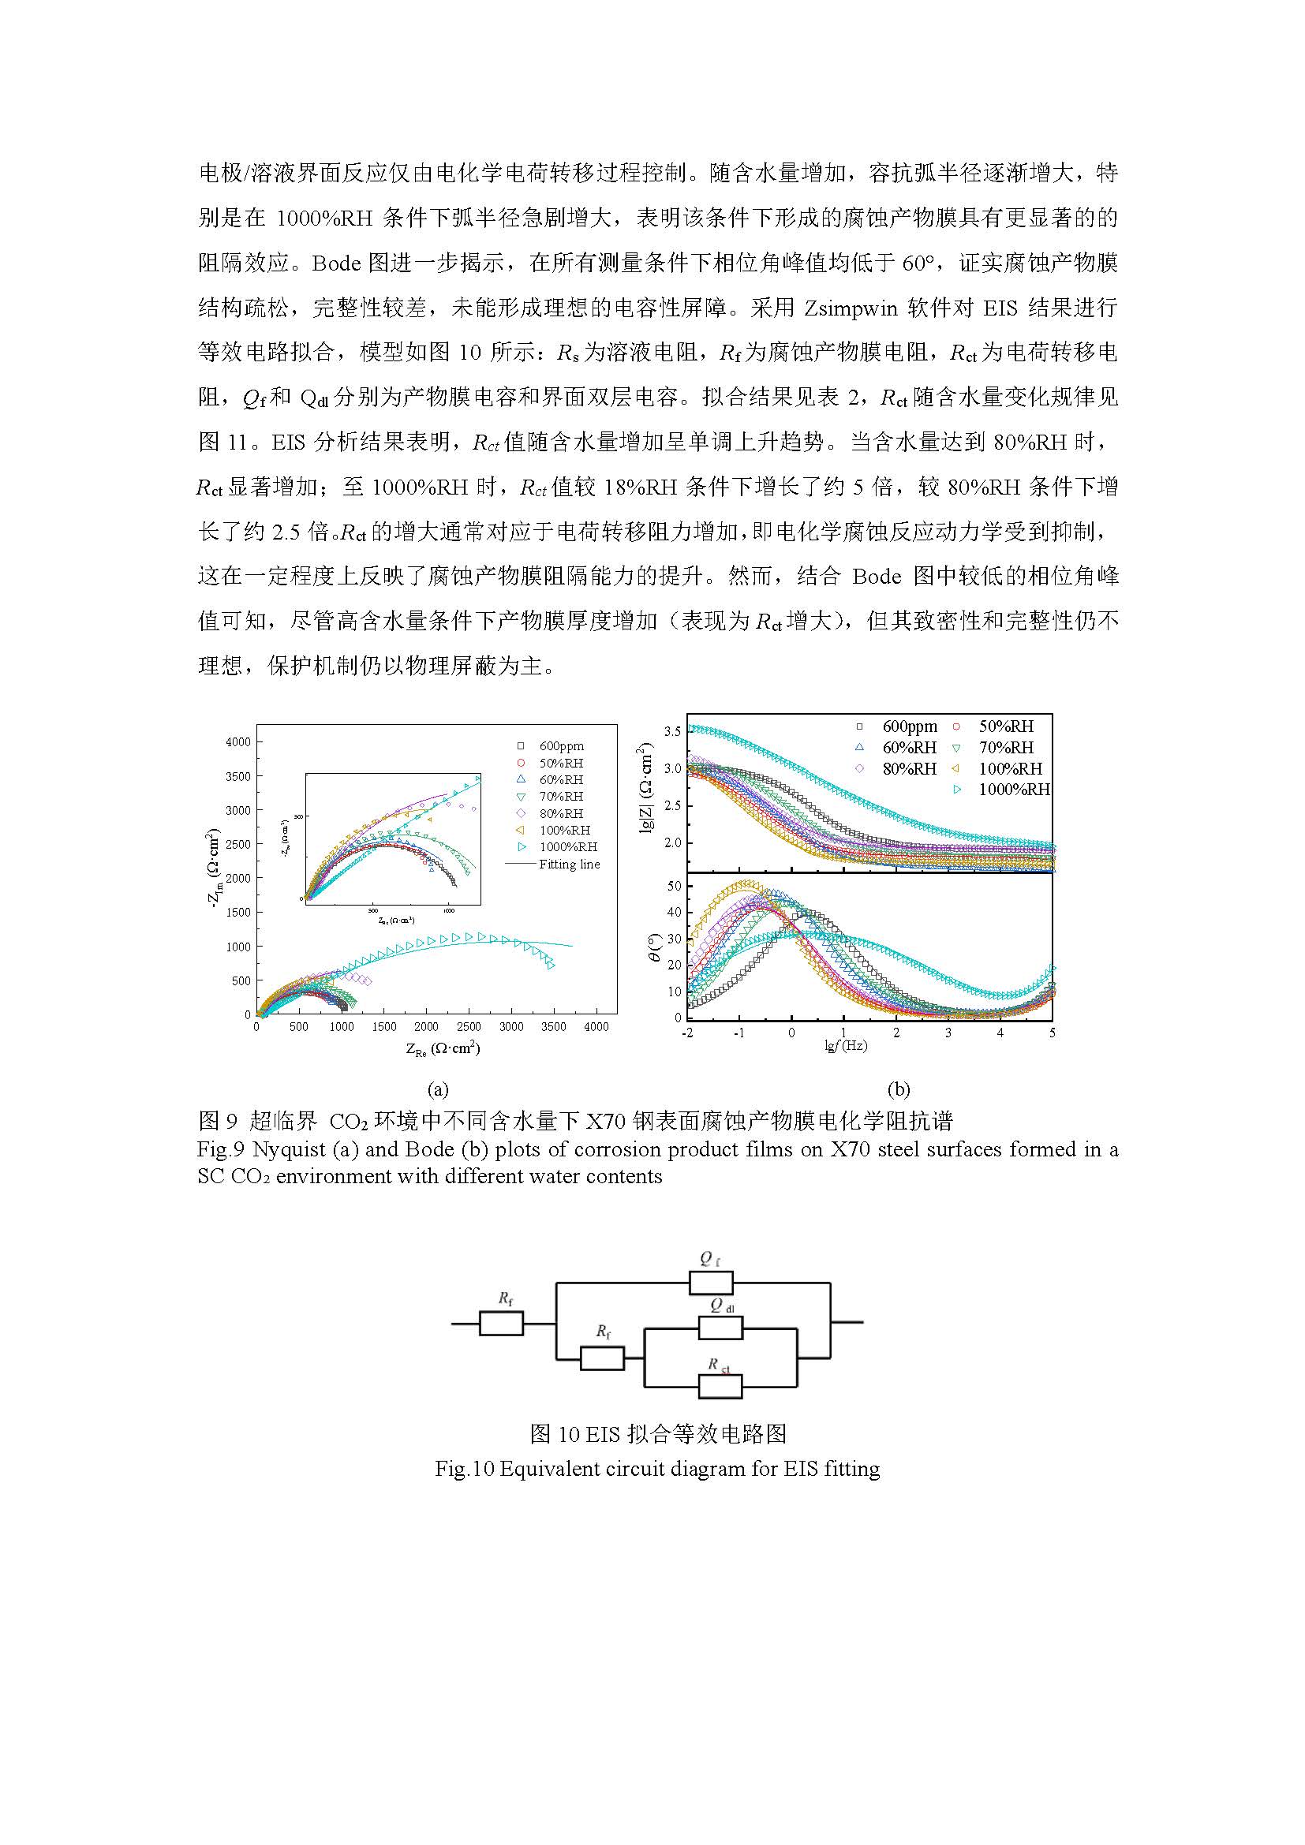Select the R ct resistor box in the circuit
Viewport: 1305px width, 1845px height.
coord(720,1385)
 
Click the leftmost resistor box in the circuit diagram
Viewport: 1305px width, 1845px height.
coord(501,1323)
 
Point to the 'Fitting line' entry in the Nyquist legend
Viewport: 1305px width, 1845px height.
coord(568,865)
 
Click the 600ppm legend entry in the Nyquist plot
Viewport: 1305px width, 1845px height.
coord(561,745)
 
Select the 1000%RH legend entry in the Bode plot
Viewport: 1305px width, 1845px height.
coord(1013,789)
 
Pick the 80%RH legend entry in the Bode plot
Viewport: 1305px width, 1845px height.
coord(909,768)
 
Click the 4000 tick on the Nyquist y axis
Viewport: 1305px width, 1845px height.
coord(237,741)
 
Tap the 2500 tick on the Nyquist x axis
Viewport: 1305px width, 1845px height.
coord(469,1026)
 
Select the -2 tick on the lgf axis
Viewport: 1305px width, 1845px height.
coord(687,1033)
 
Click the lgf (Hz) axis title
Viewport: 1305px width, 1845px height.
coord(845,1046)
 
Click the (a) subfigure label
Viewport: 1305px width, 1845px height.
coord(437,1089)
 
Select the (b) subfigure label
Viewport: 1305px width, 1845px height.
coord(898,1089)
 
